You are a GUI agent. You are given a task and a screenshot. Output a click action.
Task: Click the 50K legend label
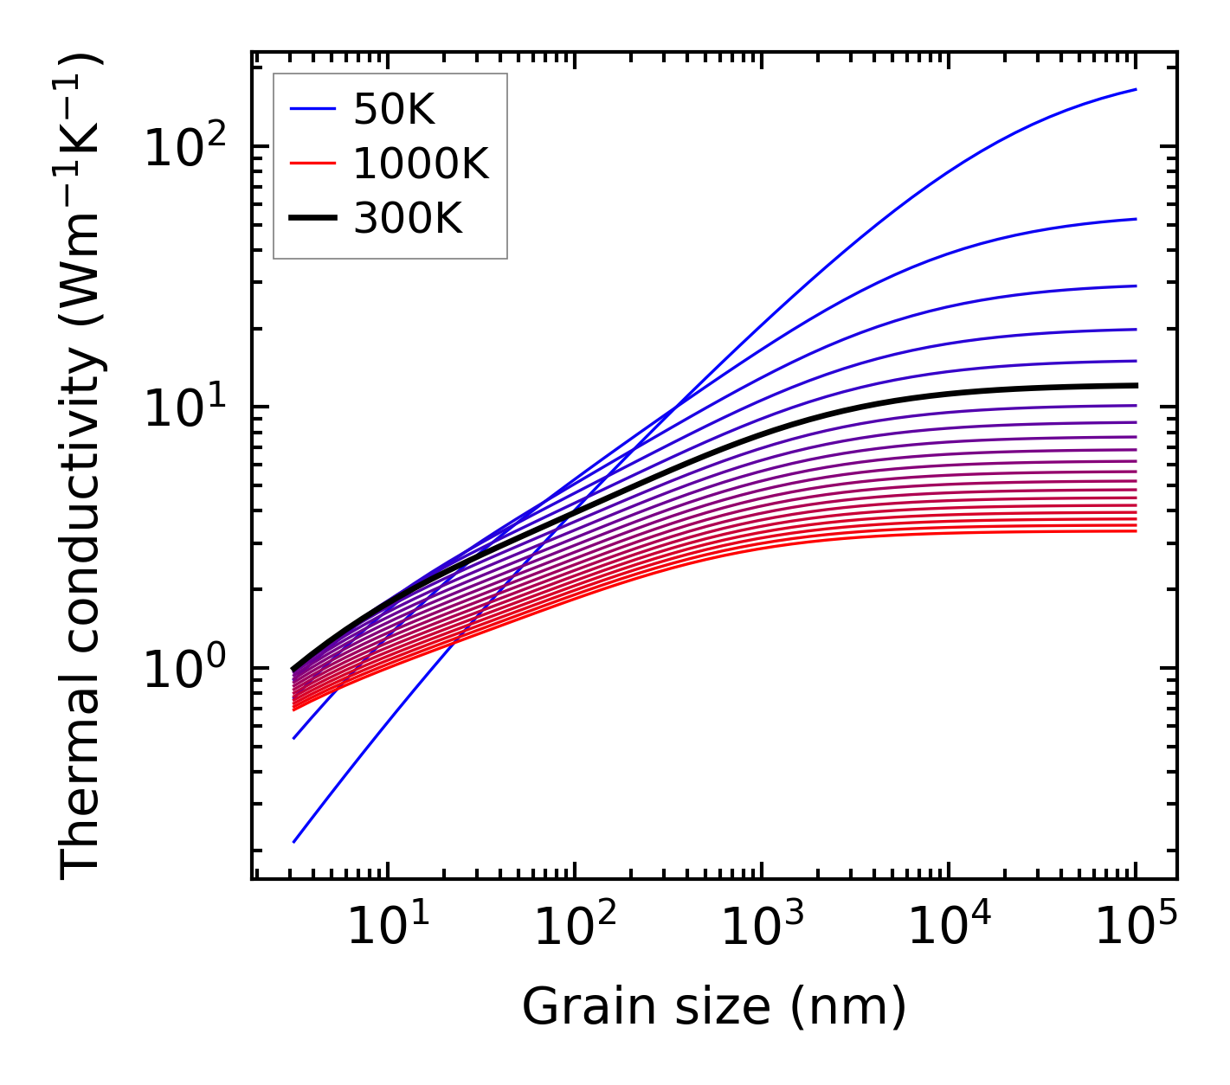point(394,110)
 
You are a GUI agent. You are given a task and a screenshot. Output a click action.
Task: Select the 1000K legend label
point(421,164)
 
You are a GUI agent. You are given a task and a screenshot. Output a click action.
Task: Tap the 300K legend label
point(408,219)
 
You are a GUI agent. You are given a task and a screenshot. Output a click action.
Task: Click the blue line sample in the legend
point(312,110)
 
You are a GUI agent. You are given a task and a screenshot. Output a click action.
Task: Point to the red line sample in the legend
point(312,164)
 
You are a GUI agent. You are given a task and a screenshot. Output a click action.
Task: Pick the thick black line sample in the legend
point(312,219)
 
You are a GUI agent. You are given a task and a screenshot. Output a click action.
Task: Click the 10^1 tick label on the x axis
point(386,929)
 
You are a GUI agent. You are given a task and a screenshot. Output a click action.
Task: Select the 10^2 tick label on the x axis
point(573,929)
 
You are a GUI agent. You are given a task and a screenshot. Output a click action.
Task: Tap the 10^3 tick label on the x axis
point(760,929)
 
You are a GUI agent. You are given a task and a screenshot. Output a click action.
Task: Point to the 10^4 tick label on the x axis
point(947,929)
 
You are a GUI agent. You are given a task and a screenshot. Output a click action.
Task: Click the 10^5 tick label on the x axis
point(1135,929)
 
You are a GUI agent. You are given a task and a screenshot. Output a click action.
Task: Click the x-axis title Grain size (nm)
point(714,1007)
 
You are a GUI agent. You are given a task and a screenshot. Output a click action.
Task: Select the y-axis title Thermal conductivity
point(82,467)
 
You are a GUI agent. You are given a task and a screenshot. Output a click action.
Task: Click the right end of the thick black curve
point(1135,385)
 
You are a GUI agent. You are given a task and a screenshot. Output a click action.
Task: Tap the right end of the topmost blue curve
point(1135,89)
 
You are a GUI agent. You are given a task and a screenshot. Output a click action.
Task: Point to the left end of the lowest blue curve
point(294,842)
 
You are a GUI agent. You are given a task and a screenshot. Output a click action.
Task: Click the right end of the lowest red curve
point(1135,530)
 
